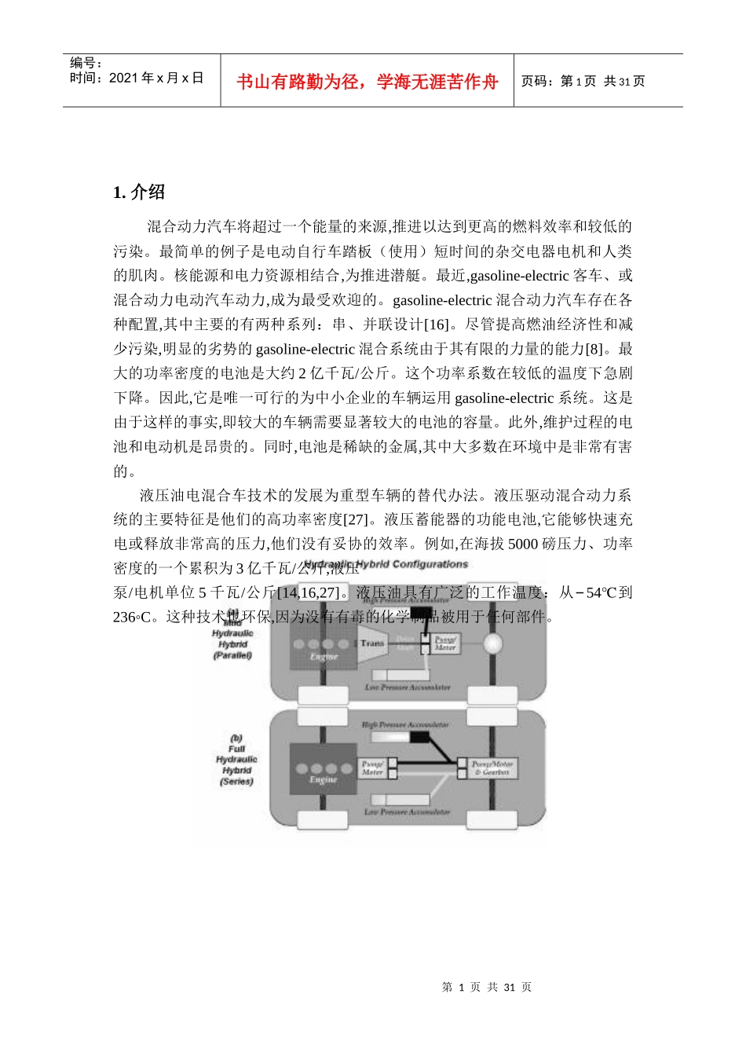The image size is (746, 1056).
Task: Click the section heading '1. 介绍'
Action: click(139, 192)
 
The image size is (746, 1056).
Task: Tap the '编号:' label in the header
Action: click(86, 63)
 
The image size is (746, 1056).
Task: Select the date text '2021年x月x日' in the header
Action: click(156, 78)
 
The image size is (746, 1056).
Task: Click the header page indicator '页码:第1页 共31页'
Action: click(583, 81)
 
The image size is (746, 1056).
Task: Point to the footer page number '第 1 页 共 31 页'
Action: click(487, 987)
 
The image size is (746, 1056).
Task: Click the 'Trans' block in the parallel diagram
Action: click(372, 643)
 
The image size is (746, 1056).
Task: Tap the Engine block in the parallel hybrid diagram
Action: click(323, 649)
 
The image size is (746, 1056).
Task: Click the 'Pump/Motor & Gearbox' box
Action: click(492, 768)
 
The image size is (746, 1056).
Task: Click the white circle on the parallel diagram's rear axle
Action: click(492, 643)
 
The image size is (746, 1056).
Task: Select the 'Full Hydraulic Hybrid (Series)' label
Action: click(236, 760)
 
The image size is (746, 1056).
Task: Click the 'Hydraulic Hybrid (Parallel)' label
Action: click(232, 643)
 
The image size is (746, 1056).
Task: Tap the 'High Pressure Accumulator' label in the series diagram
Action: click(405, 724)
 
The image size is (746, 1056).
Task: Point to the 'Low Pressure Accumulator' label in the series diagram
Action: click(407, 812)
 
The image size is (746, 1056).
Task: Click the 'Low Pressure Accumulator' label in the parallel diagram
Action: click(408, 687)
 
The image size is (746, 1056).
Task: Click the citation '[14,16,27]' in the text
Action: click(309, 592)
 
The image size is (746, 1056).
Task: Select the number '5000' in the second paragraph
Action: click(523, 544)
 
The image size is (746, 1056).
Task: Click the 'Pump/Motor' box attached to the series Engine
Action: click(372, 768)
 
